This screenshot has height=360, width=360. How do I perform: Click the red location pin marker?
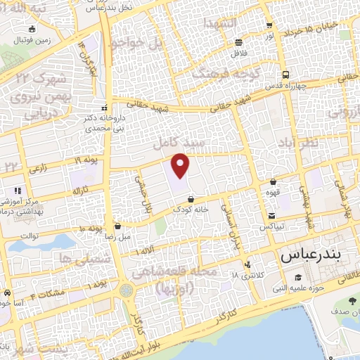point(181,165)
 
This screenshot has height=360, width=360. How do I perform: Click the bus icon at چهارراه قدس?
point(285,75)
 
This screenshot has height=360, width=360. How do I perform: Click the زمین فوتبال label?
point(32,39)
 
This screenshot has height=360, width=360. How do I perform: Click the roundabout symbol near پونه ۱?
point(126,290)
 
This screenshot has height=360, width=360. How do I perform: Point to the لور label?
point(270,34)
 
